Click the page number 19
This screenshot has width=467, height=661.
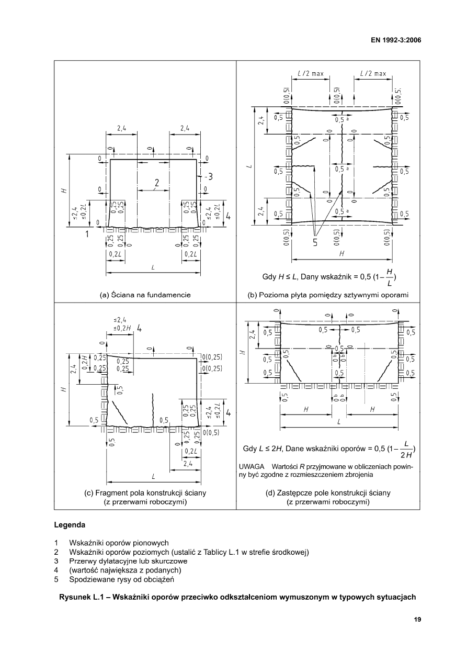[x=417, y=620]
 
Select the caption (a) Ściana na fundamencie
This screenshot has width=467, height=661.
[x=145, y=295]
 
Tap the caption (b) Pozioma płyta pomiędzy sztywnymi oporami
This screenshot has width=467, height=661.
[x=328, y=295]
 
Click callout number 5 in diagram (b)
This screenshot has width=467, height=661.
[x=315, y=242]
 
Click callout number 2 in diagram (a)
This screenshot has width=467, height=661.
[x=156, y=183]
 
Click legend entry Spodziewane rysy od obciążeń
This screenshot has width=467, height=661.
[x=121, y=579]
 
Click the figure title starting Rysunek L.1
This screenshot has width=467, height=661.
[x=237, y=597]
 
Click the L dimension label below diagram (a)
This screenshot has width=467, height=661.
[x=153, y=267]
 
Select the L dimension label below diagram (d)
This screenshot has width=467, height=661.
[x=339, y=423]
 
